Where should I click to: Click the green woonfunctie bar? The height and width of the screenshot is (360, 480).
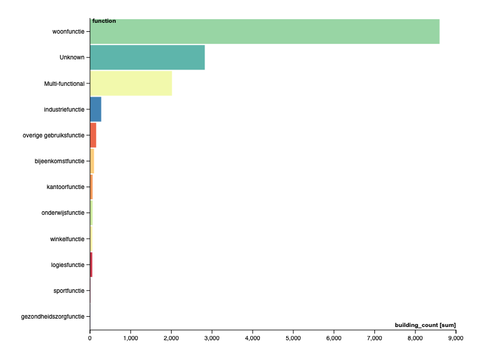[264, 32]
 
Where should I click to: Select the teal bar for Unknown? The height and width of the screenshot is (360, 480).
[147, 58]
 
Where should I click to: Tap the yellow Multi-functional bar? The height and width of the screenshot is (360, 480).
[131, 83]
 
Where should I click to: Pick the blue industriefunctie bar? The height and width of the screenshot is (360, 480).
[95, 109]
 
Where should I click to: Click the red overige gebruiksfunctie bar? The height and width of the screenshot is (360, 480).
[93, 135]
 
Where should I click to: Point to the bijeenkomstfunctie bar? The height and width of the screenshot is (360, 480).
[92, 161]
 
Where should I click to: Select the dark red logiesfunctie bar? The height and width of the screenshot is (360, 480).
[91, 265]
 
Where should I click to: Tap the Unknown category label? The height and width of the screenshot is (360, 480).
[72, 58]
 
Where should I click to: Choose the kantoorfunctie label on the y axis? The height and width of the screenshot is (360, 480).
[65, 187]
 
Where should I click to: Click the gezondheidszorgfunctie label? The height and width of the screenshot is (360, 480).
[53, 316]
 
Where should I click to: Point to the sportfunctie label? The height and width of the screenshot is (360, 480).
[69, 290]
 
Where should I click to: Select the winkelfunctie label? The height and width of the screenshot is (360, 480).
[67, 239]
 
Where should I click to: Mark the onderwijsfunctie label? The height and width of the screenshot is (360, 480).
[63, 213]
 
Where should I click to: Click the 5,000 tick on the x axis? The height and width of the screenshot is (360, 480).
[293, 338]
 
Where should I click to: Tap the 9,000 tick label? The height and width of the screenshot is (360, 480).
[455, 338]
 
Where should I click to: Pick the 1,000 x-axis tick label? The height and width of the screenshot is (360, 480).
[130, 338]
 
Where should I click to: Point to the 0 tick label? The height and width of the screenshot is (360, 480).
[90, 338]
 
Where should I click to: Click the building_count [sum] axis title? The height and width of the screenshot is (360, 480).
[425, 325]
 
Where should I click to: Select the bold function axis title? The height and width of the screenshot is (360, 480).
[104, 21]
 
